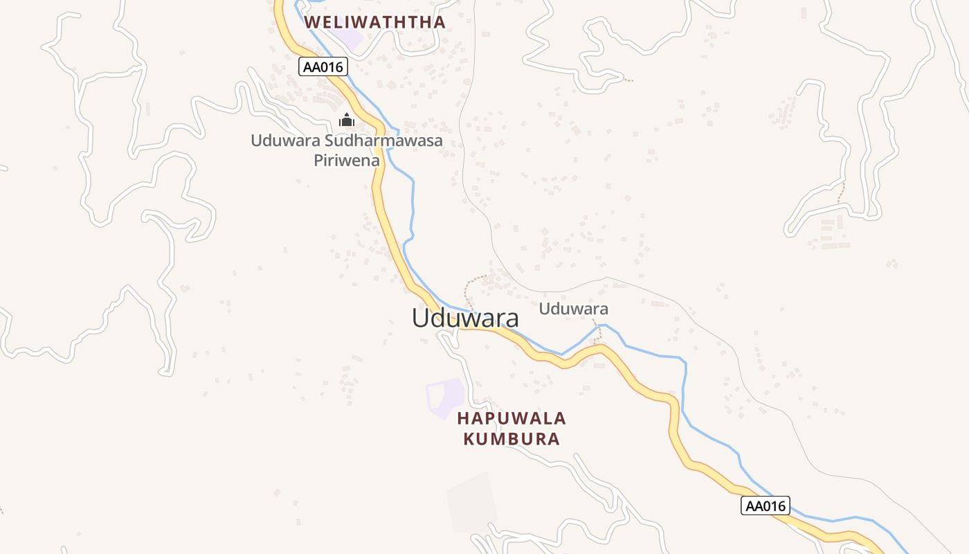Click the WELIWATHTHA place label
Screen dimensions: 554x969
[x=374, y=21]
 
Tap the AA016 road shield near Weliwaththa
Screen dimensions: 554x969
[x=323, y=66]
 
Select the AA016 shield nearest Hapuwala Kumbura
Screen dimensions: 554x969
[x=765, y=506]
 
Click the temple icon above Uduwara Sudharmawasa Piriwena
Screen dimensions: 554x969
[x=347, y=120]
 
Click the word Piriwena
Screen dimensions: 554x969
[x=347, y=161]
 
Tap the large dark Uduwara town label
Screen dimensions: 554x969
[x=465, y=318]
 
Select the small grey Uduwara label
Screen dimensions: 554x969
[x=573, y=309]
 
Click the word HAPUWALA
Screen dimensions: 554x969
[x=511, y=418]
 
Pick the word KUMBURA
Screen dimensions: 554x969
[x=511, y=439]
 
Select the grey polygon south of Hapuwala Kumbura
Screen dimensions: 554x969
[x=472, y=503]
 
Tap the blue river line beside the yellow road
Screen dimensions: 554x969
[x=413, y=201]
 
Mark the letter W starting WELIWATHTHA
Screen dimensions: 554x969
[x=312, y=21]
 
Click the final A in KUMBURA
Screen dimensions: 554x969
[x=553, y=439]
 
